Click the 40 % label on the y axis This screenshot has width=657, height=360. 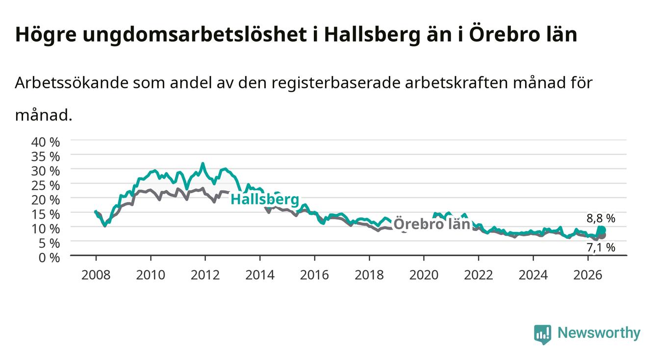click(46, 142)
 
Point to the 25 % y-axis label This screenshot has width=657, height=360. click(46, 186)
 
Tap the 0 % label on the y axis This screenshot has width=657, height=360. click(49, 258)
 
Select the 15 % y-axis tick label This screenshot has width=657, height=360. click(46, 214)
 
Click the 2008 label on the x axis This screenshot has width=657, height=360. click(96, 275)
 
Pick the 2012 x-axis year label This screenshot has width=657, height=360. click(205, 275)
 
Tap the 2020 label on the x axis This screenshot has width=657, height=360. click(424, 275)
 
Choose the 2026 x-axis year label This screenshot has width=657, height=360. click(588, 275)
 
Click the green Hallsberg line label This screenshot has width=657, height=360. click(265, 200)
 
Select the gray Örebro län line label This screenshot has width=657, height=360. click(432, 224)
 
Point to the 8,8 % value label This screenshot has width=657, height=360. click(601, 218)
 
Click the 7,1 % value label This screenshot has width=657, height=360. click(601, 248)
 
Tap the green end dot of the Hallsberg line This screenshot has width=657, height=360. click(602, 230)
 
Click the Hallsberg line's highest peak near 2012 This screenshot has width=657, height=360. click(202, 164)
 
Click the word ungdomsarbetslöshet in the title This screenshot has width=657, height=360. click(195, 35)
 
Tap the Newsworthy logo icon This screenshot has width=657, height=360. click(543, 334)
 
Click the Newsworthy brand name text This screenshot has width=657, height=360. click(599, 333)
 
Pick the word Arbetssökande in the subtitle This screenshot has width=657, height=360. click(72, 83)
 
